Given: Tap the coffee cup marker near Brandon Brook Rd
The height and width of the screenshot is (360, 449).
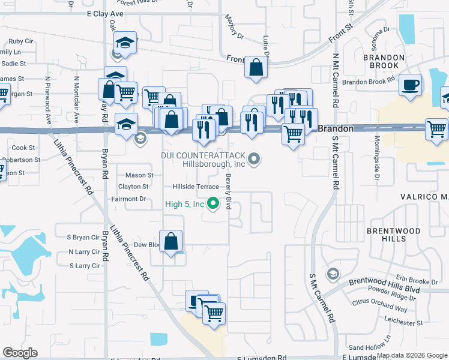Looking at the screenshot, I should point(411,85).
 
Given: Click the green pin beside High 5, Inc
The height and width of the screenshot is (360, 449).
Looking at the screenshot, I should point(213,205).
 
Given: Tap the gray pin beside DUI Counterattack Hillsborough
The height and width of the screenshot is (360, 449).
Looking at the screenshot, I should point(255,159).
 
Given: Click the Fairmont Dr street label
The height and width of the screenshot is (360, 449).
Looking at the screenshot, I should point(129,199).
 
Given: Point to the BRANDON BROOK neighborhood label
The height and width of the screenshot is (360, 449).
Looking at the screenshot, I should point(381,61).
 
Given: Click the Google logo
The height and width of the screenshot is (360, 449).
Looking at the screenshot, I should point(20,353).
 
